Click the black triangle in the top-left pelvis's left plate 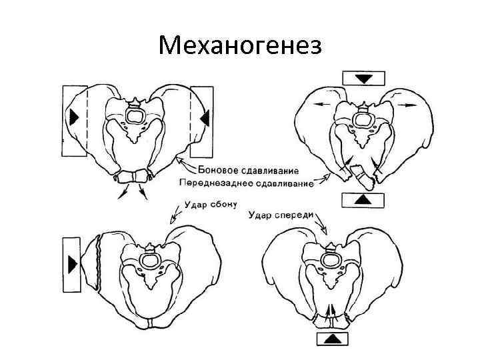(73, 118)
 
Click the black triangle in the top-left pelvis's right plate (205, 118)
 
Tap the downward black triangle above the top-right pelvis (363, 79)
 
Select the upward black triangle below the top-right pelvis (363, 199)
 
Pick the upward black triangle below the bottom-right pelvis (331, 339)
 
